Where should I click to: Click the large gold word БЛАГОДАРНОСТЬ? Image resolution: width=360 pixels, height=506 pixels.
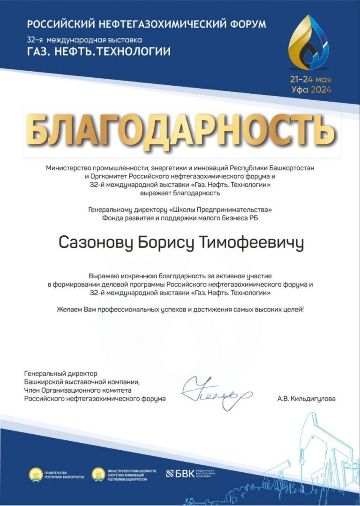pyautogui.click(x=180, y=127)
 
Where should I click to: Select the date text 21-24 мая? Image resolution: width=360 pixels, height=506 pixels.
pyautogui.click(x=310, y=80)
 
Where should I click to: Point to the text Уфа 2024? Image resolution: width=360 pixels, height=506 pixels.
pyautogui.click(x=310, y=89)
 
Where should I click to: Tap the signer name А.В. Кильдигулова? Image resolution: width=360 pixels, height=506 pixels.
pyautogui.click(x=307, y=399)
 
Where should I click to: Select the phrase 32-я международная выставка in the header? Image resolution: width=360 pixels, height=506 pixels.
pyautogui.click(x=84, y=40)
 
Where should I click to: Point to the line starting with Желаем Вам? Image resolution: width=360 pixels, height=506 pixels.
pyautogui.click(x=180, y=310)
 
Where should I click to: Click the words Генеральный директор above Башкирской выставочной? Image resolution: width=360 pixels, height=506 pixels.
pyautogui.click(x=60, y=374)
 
